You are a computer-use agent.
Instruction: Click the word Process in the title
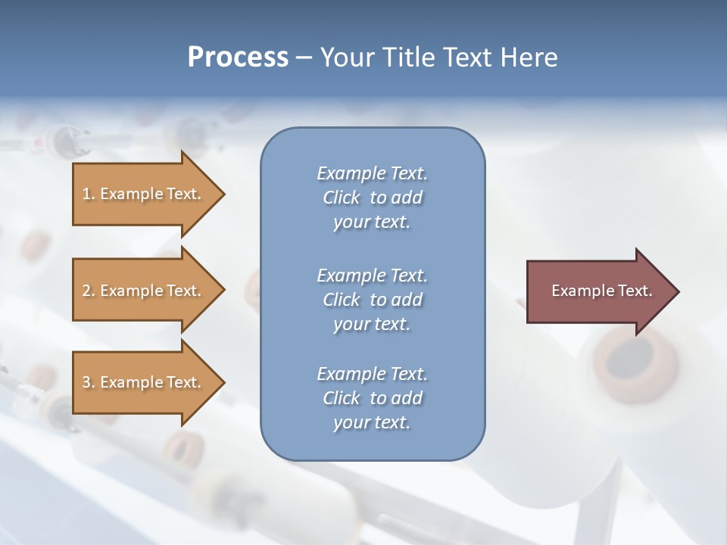pyautogui.click(x=238, y=58)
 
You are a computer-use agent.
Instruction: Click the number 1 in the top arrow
pyautogui.click(x=86, y=195)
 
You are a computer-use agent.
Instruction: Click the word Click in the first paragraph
pyautogui.click(x=342, y=198)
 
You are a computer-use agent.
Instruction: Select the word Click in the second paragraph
pyautogui.click(x=342, y=300)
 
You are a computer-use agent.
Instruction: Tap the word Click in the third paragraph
pyautogui.click(x=342, y=398)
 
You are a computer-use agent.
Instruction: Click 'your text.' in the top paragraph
pyautogui.click(x=372, y=223)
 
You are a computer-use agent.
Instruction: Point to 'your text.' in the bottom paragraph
pyautogui.click(x=372, y=423)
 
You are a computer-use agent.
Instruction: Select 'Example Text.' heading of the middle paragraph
pyautogui.click(x=372, y=276)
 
